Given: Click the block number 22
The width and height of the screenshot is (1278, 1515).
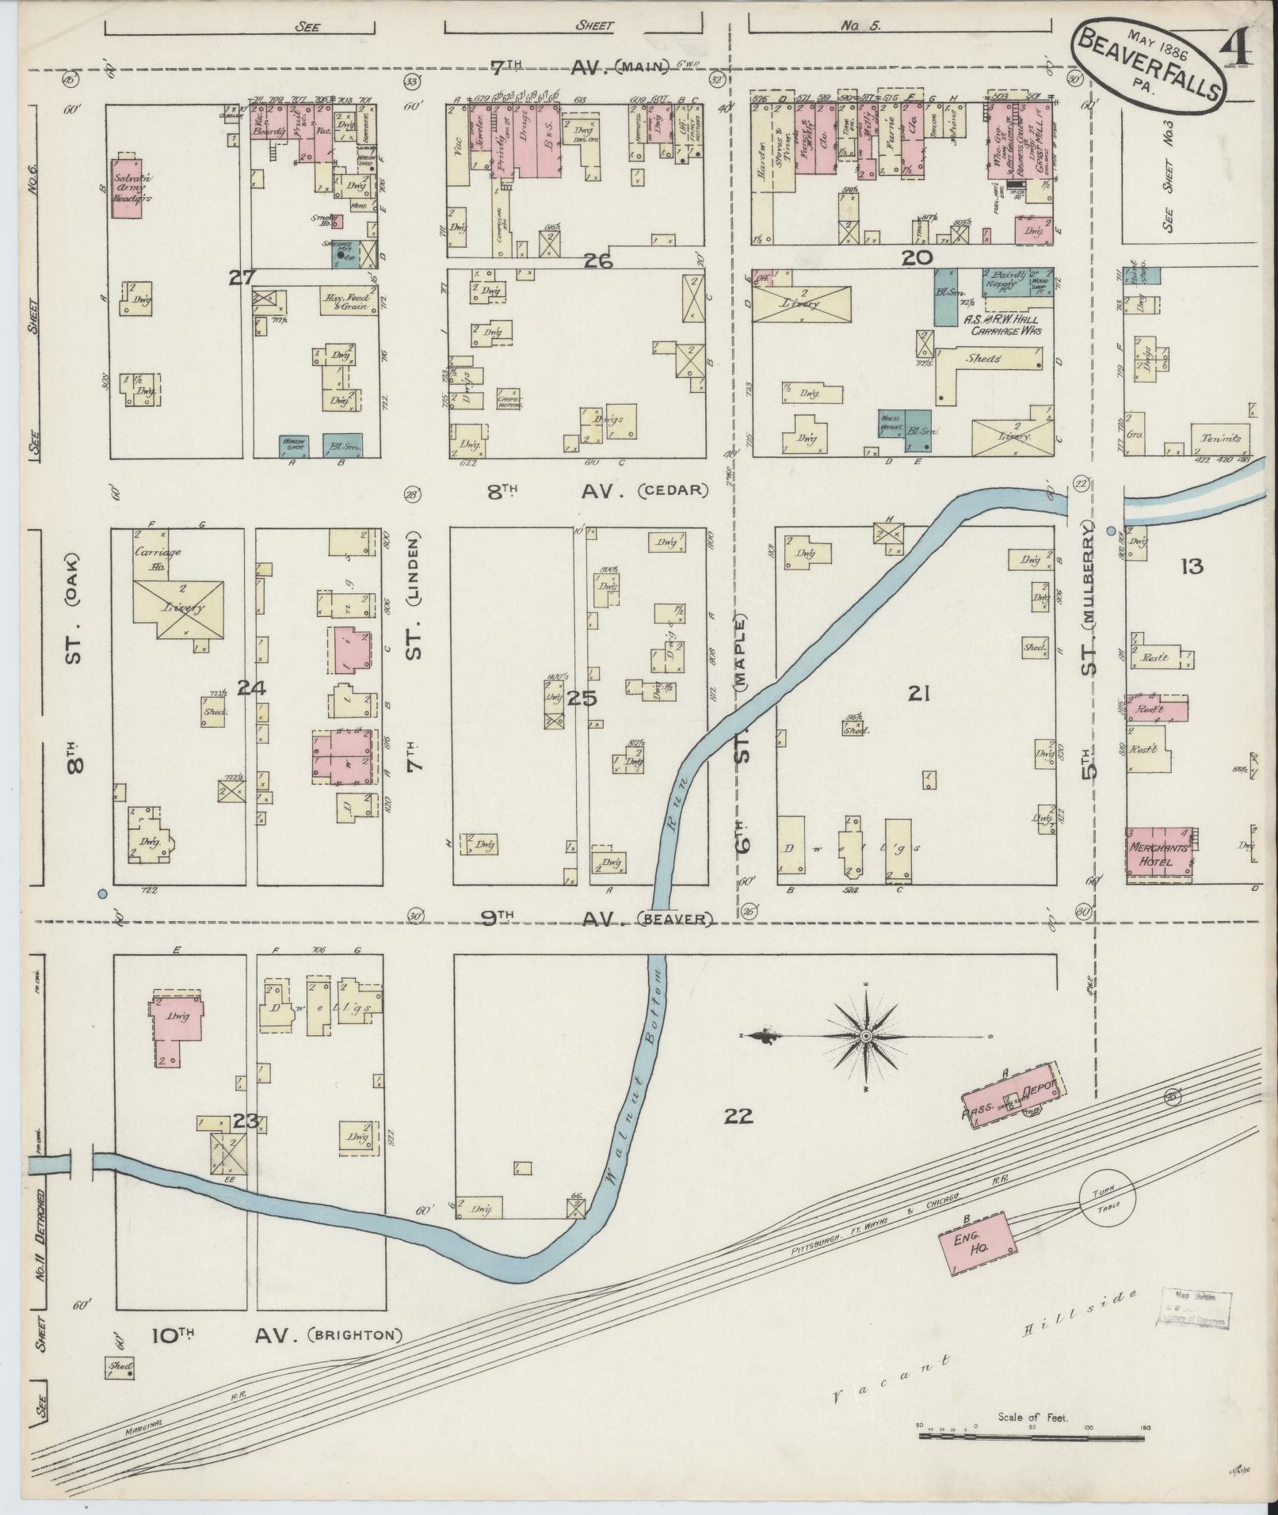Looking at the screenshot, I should pos(738,1117).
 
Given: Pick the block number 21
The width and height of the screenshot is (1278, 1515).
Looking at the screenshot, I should pos(918,695).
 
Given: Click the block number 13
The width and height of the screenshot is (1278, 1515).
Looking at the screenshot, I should pos(1191,565).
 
